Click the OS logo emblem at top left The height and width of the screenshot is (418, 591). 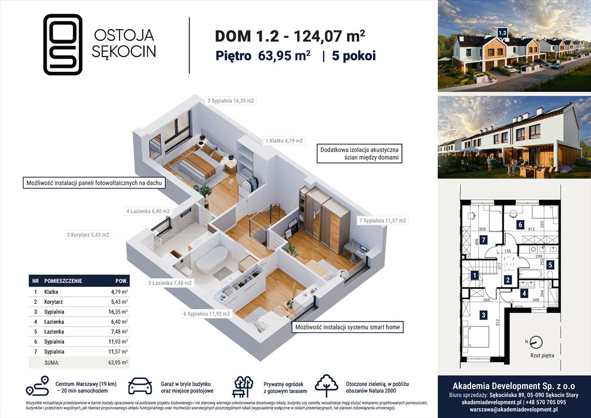pyautogui.click(x=63, y=44)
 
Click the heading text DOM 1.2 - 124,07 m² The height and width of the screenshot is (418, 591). pyautogui.click(x=290, y=36)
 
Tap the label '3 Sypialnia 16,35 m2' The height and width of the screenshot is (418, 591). pyautogui.click(x=231, y=101)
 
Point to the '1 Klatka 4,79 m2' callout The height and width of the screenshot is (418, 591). pyautogui.click(x=284, y=140)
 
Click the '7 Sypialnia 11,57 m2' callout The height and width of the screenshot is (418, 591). pyautogui.click(x=383, y=221)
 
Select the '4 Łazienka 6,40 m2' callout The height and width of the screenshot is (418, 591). pyautogui.click(x=148, y=211)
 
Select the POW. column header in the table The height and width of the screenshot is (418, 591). pyautogui.click(x=122, y=281)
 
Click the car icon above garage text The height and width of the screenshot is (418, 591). pyautogui.click(x=140, y=386)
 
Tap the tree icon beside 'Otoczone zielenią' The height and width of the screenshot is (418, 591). pyautogui.click(x=326, y=385)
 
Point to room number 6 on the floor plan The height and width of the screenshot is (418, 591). pyautogui.click(x=520, y=224)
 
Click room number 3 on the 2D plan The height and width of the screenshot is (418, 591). pyautogui.click(x=482, y=315)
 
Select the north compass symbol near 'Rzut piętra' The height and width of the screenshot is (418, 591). pyautogui.click(x=535, y=342)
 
